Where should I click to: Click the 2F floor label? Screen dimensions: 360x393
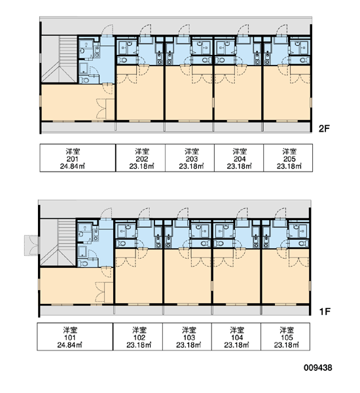(x=324, y=129)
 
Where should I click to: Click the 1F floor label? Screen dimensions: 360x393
(x=325, y=312)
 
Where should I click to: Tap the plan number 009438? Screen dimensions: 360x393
(x=318, y=367)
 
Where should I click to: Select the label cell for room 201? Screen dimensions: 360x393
(x=78, y=158)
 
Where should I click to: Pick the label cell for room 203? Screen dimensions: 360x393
(x=190, y=158)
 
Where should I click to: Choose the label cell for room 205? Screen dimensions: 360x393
(x=288, y=158)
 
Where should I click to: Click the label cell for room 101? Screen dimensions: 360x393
(x=75, y=337)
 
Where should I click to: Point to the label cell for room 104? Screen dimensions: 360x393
(x=236, y=337)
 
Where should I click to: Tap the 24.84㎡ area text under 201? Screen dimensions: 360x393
(x=73, y=166)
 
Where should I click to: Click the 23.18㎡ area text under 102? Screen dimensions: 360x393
(x=139, y=345)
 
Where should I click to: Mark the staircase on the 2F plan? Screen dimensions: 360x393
(x=59, y=59)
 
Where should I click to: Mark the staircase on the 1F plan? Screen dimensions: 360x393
(x=58, y=242)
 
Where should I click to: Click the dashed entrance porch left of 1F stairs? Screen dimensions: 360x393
(x=31, y=246)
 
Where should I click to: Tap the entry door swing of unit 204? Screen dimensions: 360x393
(x=243, y=31)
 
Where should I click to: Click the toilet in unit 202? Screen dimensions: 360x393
(x=123, y=60)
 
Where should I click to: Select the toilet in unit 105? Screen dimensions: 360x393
(x=303, y=244)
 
